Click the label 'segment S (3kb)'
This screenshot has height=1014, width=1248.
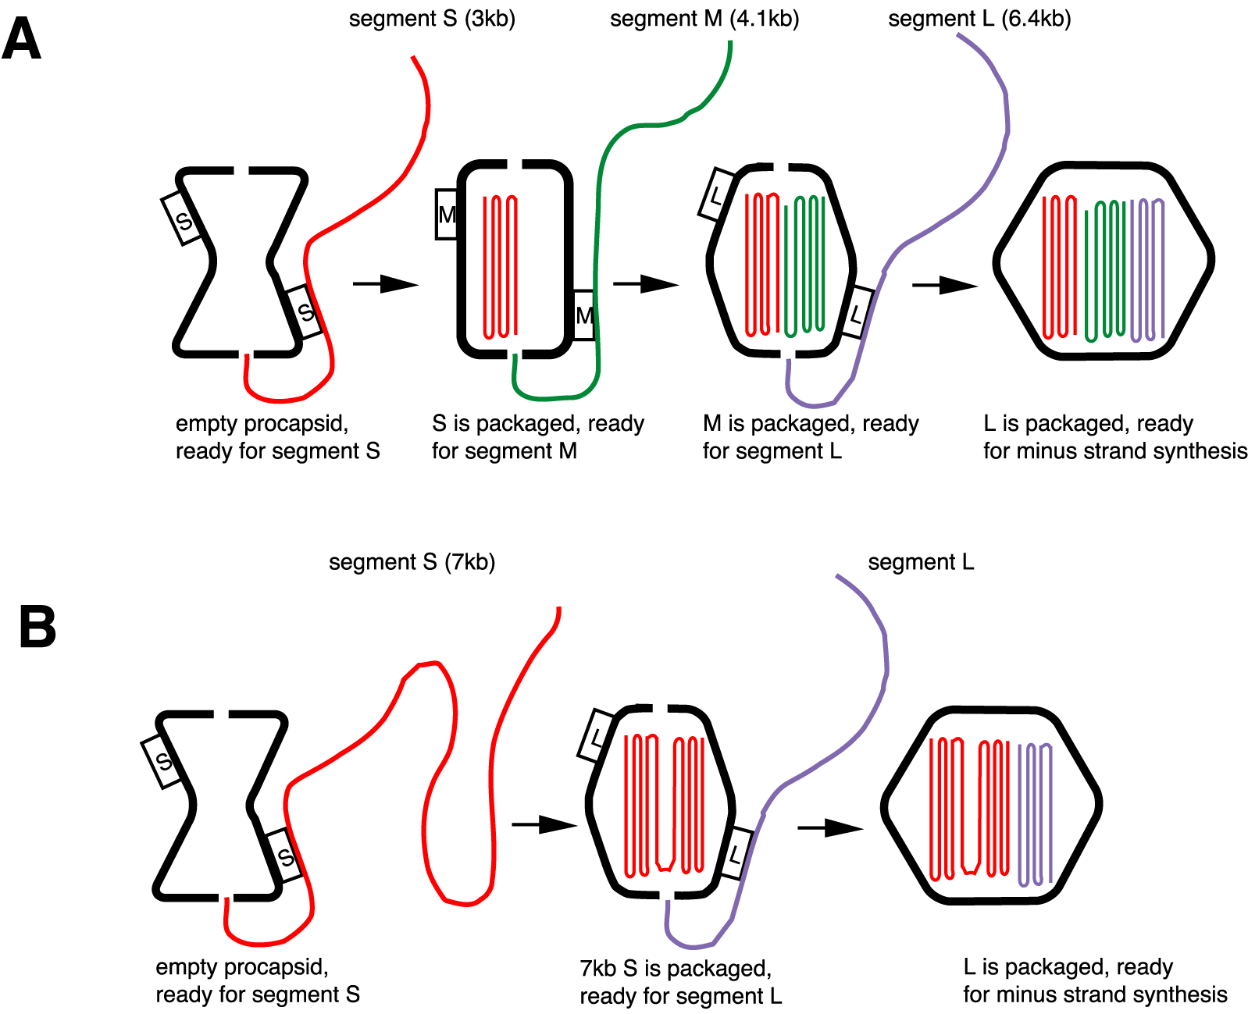pyautogui.click(x=432, y=18)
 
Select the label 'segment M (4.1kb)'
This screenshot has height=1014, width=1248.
pyautogui.click(x=704, y=18)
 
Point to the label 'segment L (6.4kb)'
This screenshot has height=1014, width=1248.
pyautogui.click(x=979, y=18)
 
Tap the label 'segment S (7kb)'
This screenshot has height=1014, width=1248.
pyautogui.click(x=412, y=562)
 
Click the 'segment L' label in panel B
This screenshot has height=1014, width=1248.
pyautogui.click(x=921, y=562)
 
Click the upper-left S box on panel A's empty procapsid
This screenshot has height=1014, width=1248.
pyautogui.click(x=183, y=219)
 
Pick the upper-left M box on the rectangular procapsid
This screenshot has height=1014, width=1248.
pyautogui.click(x=446, y=214)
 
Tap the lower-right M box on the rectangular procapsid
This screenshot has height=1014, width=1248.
pyautogui.click(x=584, y=315)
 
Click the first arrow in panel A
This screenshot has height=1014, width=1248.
pyautogui.click(x=385, y=283)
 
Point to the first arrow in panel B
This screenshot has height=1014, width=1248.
pyautogui.click(x=544, y=824)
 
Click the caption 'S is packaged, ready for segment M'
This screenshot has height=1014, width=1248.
pyautogui.click(x=537, y=437)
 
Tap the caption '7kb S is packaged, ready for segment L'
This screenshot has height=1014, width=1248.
pyautogui.click(x=680, y=982)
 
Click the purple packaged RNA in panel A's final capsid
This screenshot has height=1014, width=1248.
pyautogui.click(x=1147, y=269)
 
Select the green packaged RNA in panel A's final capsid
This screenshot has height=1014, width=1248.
pyautogui.click(x=1105, y=269)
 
